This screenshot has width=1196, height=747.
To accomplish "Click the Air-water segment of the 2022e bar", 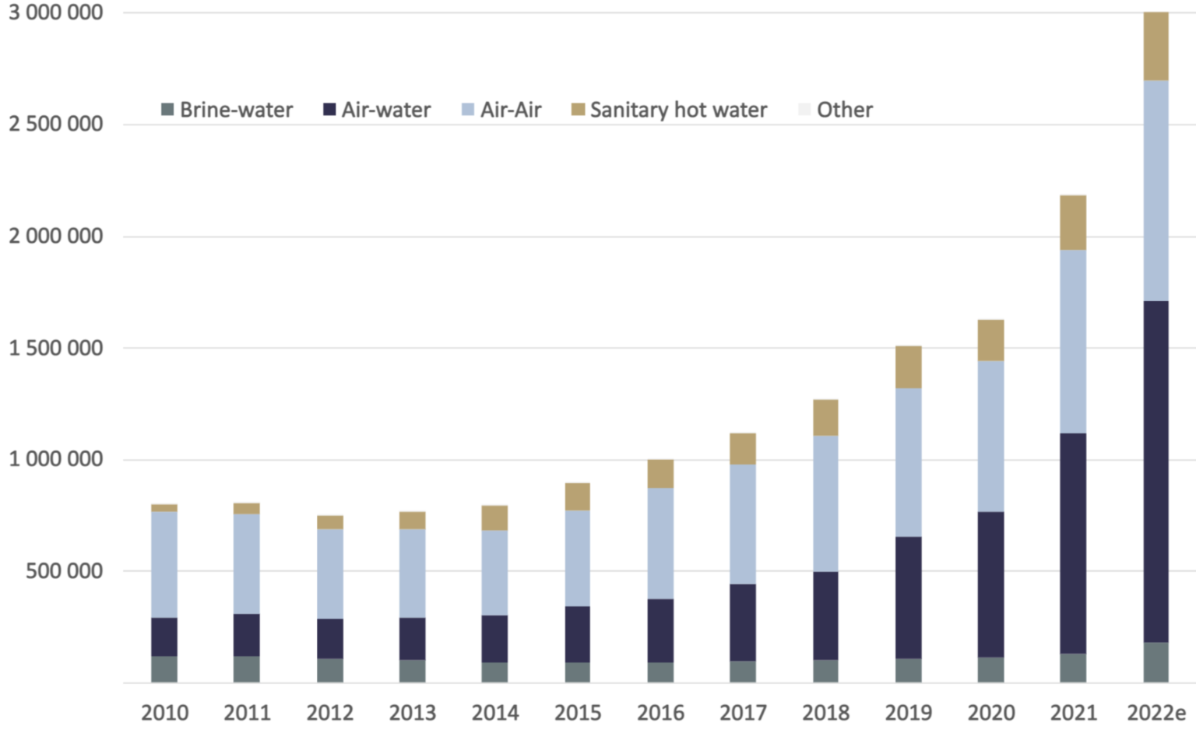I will [1156, 472].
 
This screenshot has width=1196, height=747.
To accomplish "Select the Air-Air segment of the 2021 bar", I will [1073, 341].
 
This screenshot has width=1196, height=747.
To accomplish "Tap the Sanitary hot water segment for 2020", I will [990, 340].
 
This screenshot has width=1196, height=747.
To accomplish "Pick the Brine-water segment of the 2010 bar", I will [164, 669].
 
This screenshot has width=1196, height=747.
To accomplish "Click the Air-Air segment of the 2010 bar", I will [164, 564].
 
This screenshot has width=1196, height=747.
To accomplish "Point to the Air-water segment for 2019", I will [908, 598].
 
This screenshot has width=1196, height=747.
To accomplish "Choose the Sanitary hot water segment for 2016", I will [660, 474].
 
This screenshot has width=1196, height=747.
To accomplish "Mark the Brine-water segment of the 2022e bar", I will [1156, 662].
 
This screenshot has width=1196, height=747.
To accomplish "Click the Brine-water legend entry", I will [227, 110].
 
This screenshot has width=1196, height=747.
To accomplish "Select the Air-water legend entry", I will [377, 110].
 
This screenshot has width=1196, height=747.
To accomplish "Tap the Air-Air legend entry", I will [501, 110].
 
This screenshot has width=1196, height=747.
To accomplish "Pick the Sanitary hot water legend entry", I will [669, 110].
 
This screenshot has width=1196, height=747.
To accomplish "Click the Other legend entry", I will [835, 110].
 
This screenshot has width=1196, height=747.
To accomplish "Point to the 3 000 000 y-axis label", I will [56, 13].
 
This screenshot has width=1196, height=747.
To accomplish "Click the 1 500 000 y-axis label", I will [56, 348].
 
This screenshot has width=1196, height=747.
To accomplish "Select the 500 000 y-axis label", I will [65, 571].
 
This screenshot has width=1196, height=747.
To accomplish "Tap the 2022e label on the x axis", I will [1156, 713].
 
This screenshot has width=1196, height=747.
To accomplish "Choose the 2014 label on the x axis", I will [495, 713].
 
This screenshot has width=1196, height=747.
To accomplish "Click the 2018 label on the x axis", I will [825, 713].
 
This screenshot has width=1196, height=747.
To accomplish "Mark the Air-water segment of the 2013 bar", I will [412, 639].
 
